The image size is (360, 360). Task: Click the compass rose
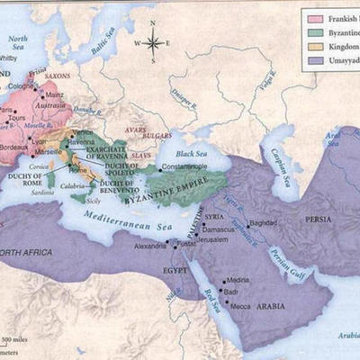[x=153, y=40]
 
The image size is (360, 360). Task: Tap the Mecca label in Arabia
[x=240, y=305]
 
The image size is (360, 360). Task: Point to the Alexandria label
[x=149, y=245]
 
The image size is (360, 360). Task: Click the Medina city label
[x=239, y=280]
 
